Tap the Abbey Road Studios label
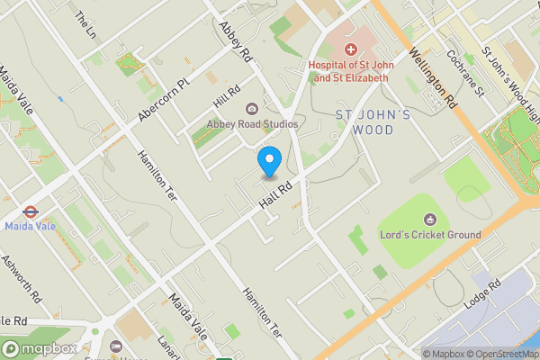tap(252, 123)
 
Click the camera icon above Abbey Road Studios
tap(252, 109)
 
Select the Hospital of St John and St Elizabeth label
tap(347, 71)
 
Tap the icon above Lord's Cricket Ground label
tap(431, 219)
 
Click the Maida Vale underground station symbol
tap(29, 213)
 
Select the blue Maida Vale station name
tap(29, 227)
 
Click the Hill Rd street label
tap(227, 93)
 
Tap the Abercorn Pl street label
tap(166, 100)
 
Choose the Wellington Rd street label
tap(433, 82)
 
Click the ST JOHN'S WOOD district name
tap(373, 121)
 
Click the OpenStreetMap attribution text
tap(504, 354)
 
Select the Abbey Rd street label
tap(236, 40)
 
